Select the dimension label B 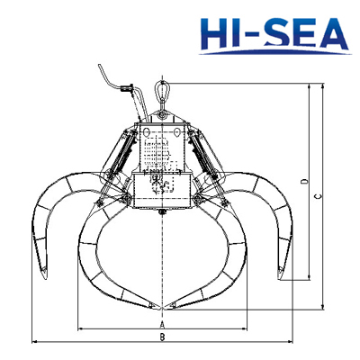[x=161, y=338]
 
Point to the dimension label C [x=318, y=198]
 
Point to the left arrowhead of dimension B [x=34, y=343]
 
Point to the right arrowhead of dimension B [x=290, y=343]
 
